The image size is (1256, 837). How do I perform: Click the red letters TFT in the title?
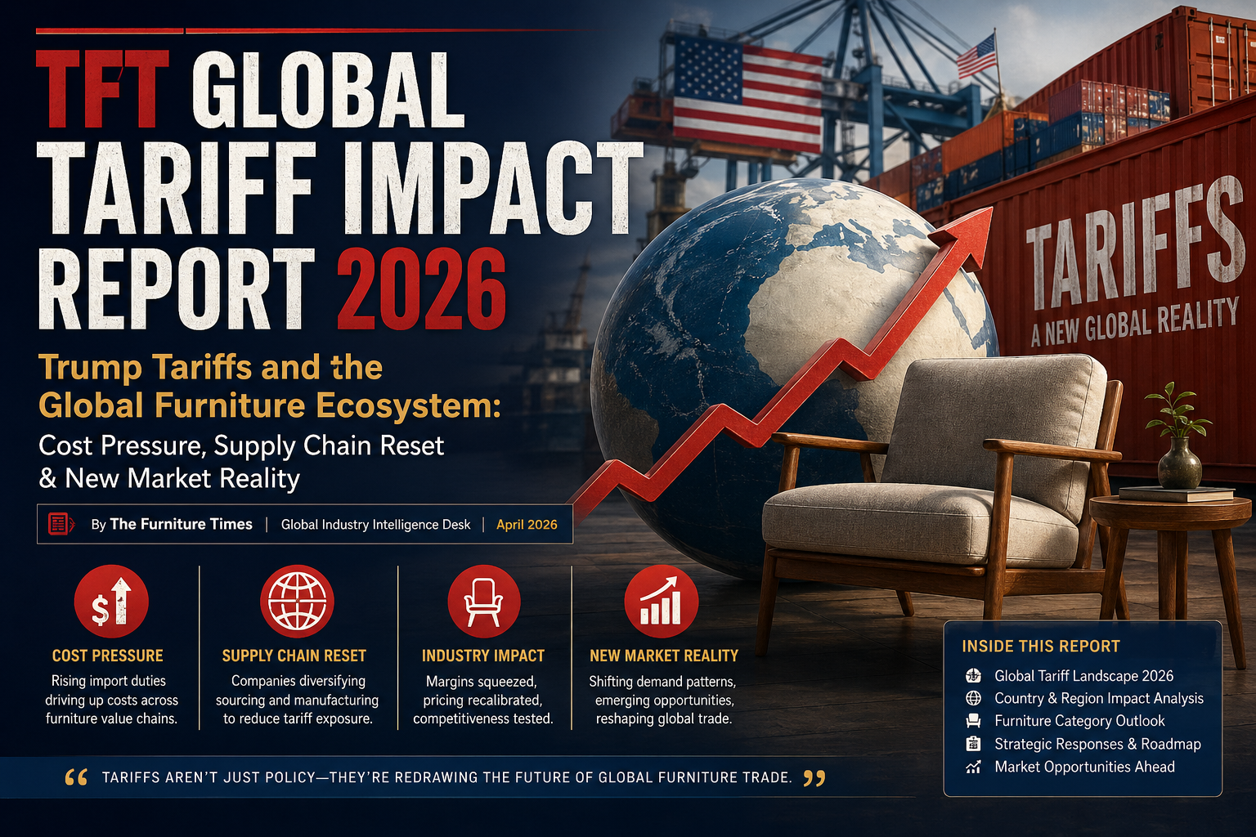tap(102, 90)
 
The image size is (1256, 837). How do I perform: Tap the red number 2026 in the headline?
tap(421, 289)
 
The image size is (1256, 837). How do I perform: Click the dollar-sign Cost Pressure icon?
tap(111, 602)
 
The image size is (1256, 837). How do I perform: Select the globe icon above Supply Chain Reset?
tap(297, 602)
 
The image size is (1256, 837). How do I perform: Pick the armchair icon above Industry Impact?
tap(483, 602)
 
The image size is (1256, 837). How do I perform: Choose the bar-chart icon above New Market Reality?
tap(661, 602)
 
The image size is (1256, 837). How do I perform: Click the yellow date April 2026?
tap(527, 525)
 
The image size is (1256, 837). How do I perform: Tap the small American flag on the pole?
tap(977, 56)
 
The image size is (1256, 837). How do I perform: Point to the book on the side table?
tap(1176, 494)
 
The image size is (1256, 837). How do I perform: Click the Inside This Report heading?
tap(1040, 647)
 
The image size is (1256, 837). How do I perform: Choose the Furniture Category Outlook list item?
tap(1079, 721)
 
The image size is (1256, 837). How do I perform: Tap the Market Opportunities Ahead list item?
tap(1083, 767)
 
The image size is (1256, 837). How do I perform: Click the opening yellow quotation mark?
tap(76, 777)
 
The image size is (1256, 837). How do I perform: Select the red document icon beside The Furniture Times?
tap(61, 524)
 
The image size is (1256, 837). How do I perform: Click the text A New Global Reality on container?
tap(1135, 322)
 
